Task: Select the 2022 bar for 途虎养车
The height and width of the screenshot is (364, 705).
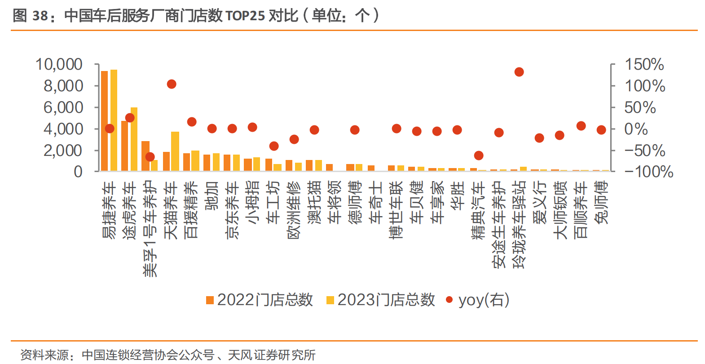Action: tap(124, 146)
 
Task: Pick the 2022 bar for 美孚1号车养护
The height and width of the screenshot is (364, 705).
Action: tap(145, 155)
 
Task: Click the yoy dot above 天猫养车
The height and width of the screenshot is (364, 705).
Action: tap(172, 84)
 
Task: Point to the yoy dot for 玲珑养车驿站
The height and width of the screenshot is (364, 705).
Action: tap(519, 72)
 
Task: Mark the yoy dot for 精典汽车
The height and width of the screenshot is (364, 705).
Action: tap(479, 155)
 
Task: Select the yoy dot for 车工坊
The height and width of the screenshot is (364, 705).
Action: tap(274, 146)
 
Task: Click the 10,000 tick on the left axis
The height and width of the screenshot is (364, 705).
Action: tap(59, 64)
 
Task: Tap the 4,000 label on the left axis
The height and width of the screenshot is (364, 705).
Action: tap(63, 129)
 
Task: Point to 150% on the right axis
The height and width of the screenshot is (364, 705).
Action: tap(644, 64)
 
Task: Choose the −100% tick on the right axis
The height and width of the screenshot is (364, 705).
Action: tap(648, 172)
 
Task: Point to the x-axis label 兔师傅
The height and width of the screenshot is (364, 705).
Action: tap(601, 202)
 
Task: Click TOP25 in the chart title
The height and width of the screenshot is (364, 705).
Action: tap(245, 16)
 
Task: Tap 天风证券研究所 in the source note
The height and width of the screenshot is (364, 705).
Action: tap(272, 355)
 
